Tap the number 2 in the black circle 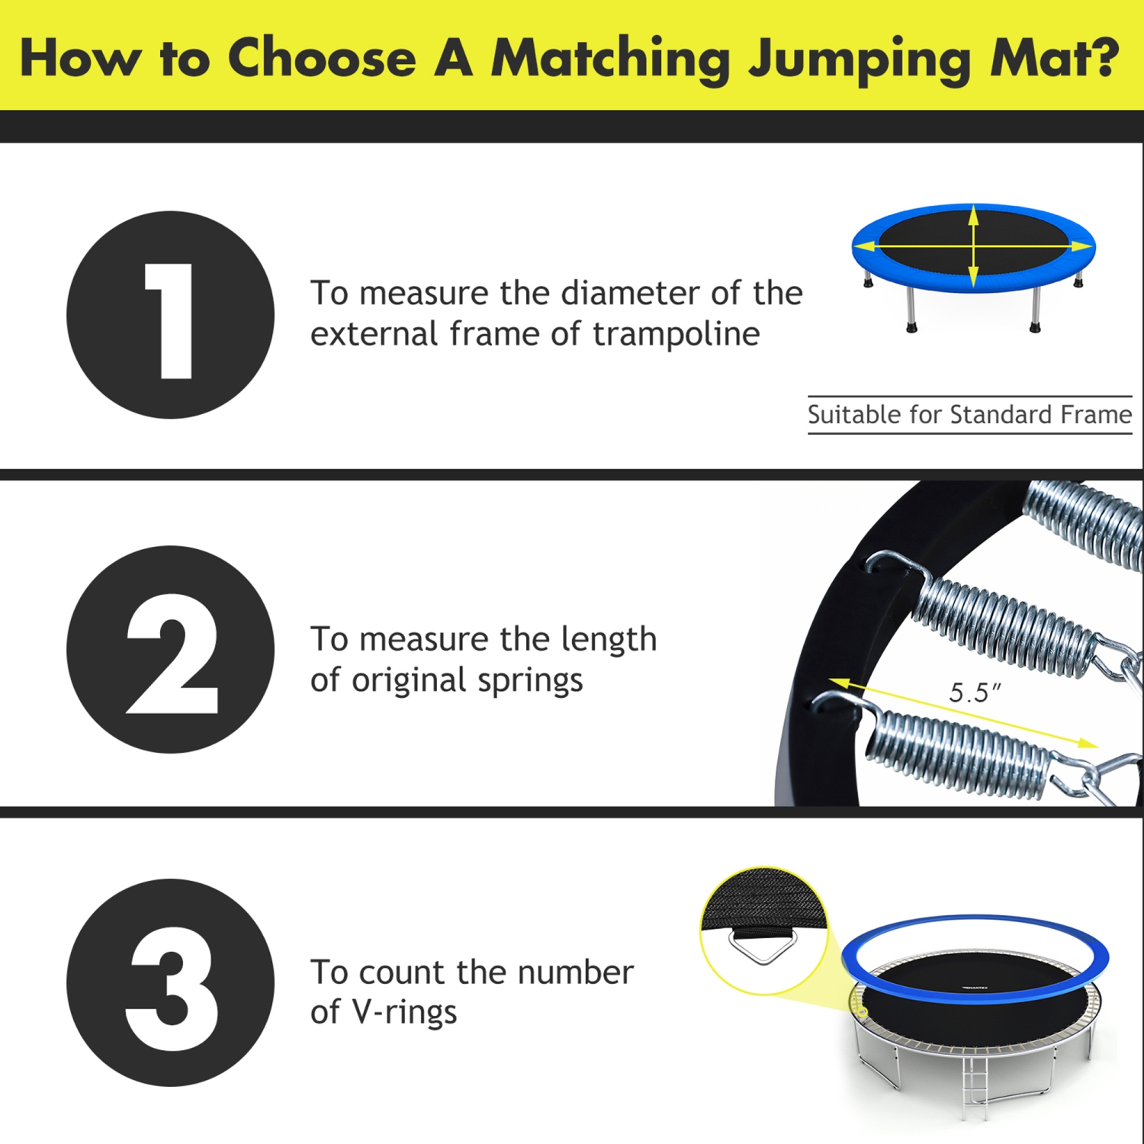pos(172,654)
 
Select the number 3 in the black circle pos(172,988)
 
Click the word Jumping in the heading pos(859,59)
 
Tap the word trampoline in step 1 pos(676,334)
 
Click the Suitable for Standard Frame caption pos(969,415)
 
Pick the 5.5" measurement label pos(974,693)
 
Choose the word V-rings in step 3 pos(404,1012)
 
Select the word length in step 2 pos(609,640)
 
